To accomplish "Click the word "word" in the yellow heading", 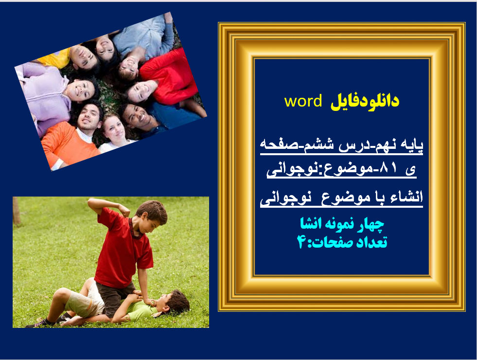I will [x=303, y=101].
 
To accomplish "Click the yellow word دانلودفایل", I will [x=365, y=101].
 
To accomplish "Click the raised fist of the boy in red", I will [x=124, y=211].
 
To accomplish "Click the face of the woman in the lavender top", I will [x=80, y=90].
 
